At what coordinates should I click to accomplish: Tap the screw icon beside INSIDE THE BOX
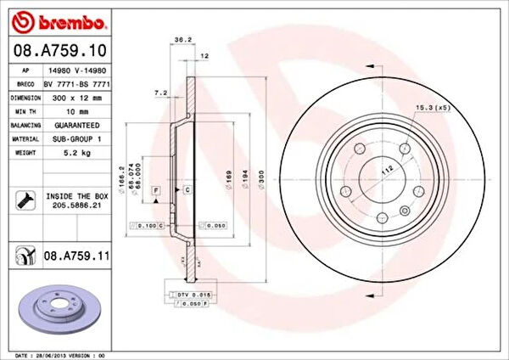pos(23,200)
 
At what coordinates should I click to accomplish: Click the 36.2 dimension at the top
pos(180,39)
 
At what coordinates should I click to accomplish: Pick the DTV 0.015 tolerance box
pos(193,293)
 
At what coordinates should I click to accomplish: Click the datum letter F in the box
pos(157,193)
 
